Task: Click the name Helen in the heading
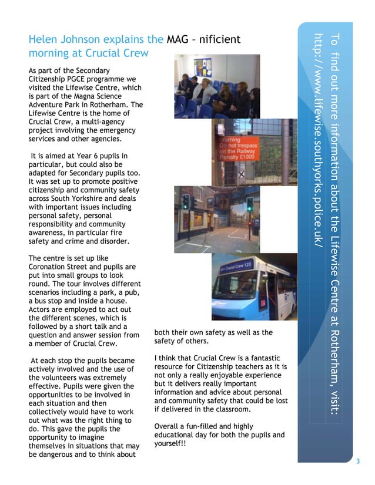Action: (43, 40)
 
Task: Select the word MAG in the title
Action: (178, 40)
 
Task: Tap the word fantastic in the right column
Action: (266, 358)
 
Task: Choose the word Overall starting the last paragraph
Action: (168, 426)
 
